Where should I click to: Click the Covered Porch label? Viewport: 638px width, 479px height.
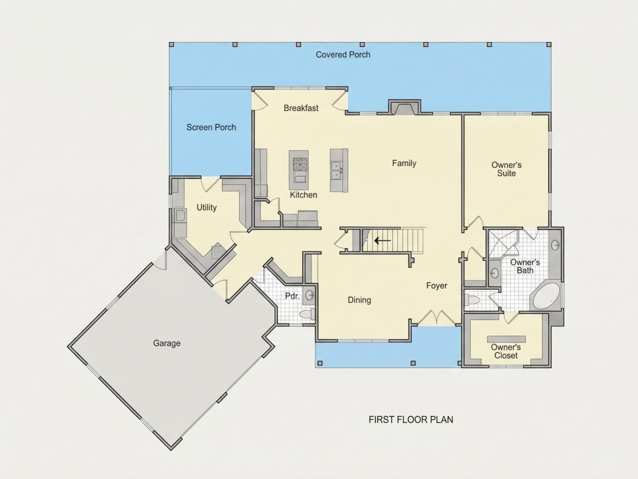(x=343, y=55)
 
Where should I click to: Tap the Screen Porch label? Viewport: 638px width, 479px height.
(x=211, y=128)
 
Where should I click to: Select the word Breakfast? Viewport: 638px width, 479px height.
(x=301, y=108)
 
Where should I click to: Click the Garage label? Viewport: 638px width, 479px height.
(x=167, y=343)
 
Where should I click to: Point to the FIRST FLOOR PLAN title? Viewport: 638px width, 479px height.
(x=411, y=420)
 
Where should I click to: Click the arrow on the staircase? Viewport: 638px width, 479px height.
(x=382, y=240)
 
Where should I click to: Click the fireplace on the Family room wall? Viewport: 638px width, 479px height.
(x=404, y=107)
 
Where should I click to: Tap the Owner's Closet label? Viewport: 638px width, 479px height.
(x=506, y=351)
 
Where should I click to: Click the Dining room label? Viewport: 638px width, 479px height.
(x=359, y=300)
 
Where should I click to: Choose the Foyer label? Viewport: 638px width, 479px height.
(x=437, y=286)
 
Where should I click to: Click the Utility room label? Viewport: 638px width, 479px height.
(x=206, y=207)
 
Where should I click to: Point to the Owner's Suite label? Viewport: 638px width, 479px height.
(x=506, y=169)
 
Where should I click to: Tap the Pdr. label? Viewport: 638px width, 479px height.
(x=292, y=296)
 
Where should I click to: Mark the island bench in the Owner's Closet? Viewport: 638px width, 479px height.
(x=506, y=339)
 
